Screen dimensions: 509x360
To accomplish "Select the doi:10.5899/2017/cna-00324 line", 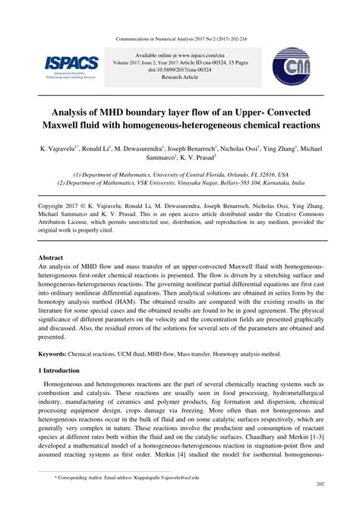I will tap(179, 70).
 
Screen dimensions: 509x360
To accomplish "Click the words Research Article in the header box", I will tap(179, 77).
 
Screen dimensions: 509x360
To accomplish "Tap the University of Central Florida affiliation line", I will tap(179, 173).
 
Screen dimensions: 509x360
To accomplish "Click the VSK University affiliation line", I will tap(179, 182).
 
